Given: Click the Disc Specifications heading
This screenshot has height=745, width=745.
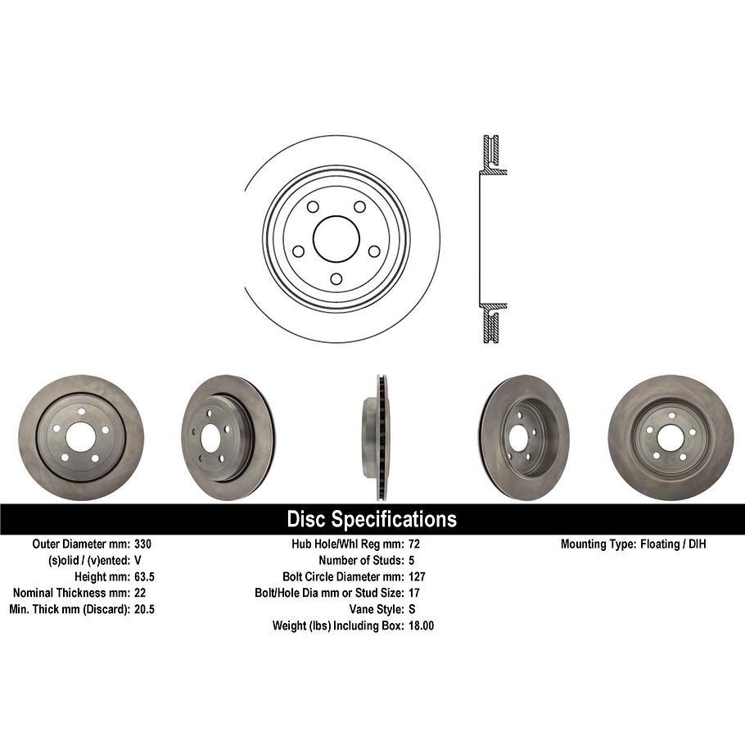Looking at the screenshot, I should point(372,519).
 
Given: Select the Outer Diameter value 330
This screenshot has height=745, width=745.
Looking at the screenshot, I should point(143,544).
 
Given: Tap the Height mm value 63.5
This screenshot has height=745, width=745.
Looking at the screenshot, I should point(144,576).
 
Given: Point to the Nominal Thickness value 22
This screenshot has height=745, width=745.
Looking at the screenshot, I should point(139,593).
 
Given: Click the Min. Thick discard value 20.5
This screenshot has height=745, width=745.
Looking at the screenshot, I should point(144,609).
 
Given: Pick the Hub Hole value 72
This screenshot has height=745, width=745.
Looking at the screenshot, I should point(413,544).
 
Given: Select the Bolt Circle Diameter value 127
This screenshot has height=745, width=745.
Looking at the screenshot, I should point(417,576).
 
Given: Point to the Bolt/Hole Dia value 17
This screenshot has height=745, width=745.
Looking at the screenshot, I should point(413,593).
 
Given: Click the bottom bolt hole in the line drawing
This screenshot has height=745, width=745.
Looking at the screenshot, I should point(336,279).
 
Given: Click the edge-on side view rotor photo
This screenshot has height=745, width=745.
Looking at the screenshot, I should point(376,438).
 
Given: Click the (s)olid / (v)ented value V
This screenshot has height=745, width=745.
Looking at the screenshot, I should point(138,560).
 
